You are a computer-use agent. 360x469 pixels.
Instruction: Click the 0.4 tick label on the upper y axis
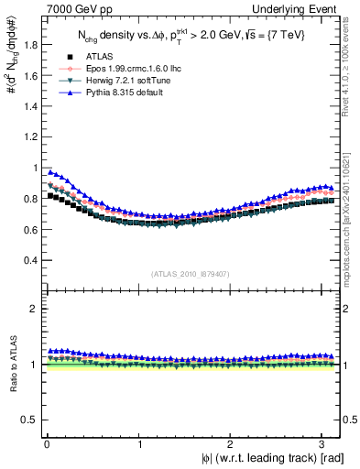tap(25, 259)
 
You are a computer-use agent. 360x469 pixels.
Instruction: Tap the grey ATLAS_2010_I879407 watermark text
tap(191, 273)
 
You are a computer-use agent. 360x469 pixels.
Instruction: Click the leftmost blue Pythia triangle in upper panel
tap(50, 170)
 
